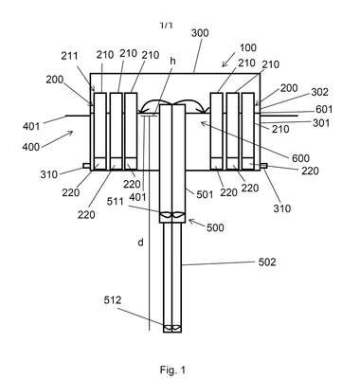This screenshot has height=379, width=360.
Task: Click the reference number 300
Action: click(200, 33)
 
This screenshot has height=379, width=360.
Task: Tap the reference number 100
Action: click(248, 48)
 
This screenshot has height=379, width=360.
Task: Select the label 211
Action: click(69, 56)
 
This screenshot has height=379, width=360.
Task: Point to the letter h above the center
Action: click(172, 61)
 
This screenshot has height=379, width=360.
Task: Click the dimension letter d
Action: click(141, 243)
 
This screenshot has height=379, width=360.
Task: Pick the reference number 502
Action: click(267, 262)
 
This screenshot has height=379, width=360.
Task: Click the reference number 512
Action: click(113, 299)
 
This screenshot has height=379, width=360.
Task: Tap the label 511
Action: click(115, 201)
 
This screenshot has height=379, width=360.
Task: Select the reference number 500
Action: click(215, 227)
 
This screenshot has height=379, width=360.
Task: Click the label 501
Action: click(205, 194)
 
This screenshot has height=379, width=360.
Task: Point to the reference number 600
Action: click(300, 158)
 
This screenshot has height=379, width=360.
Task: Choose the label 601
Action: click(324, 109)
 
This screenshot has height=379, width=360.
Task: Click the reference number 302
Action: click(320, 92)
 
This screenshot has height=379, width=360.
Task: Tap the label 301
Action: click(321, 122)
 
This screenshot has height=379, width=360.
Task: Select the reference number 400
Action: click(31, 147)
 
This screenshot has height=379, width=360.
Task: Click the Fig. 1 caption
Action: click(172, 370)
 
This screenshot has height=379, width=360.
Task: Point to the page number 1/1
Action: click(167, 26)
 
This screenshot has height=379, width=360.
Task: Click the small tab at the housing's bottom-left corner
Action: click(87, 166)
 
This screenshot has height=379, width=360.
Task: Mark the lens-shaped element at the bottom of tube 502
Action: click(172, 328)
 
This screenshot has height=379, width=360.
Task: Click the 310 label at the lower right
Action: click(281, 208)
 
